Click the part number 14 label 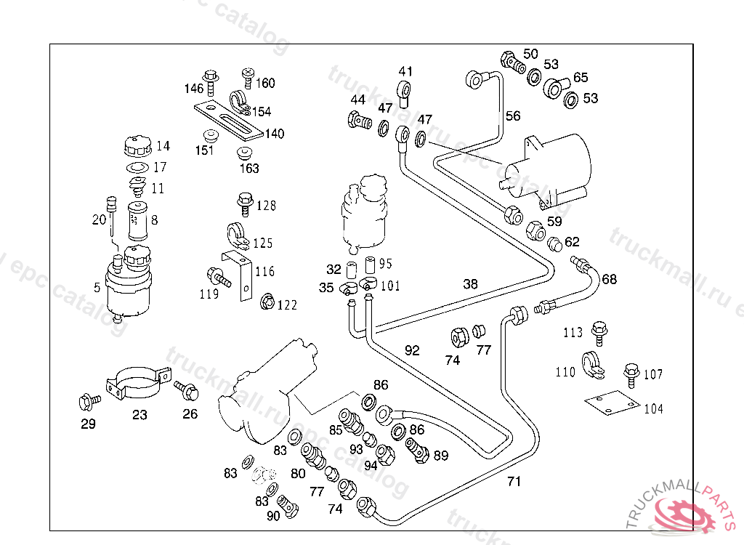163,145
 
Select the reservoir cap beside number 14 137,146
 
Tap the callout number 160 265,83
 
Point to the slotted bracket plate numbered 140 227,121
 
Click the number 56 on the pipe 513,116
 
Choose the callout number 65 581,77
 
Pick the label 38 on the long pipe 471,284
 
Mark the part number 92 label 412,350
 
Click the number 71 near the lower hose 514,481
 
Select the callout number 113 573,333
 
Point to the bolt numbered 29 88,400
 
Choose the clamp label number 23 139,415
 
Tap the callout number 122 287,305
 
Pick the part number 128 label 266,206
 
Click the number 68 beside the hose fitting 610,279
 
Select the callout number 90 272,516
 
